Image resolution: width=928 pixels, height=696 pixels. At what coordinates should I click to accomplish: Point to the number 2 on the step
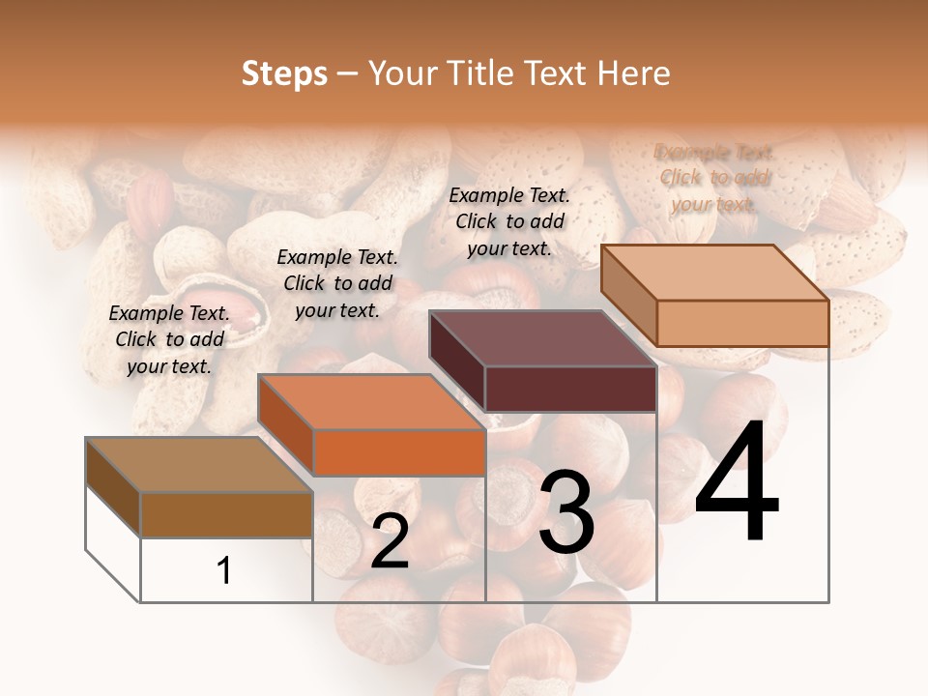(390, 542)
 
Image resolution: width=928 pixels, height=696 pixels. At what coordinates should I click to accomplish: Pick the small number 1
(224, 571)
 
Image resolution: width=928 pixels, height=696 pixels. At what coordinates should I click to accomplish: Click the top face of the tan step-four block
(715, 273)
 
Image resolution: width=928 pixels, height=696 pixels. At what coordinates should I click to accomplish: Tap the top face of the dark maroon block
(542, 338)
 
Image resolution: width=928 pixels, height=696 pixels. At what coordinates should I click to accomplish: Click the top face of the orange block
(371, 401)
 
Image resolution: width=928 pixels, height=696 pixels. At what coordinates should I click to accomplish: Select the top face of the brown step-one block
(199, 465)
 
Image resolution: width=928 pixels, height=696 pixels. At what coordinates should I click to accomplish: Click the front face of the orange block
(399, 452)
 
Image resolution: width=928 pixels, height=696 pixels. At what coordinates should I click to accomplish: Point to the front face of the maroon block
(570, 389)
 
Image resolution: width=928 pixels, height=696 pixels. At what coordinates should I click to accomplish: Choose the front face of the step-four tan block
(742, 323)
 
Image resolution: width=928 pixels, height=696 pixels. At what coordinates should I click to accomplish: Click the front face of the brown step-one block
(226, 514)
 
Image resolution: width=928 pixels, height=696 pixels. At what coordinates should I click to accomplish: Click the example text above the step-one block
(169, 339)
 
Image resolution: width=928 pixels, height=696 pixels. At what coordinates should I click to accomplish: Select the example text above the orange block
(337, 283)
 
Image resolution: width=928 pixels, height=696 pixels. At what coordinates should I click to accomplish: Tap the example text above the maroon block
(509, 221)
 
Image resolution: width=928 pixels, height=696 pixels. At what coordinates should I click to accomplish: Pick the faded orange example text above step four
(714, 178)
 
